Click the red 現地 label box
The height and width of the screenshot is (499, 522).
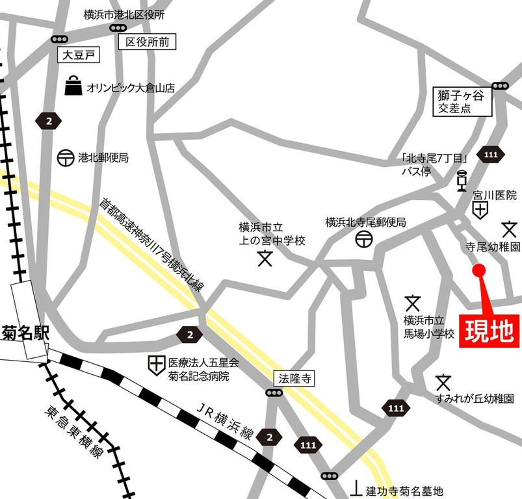(x=489, y=330)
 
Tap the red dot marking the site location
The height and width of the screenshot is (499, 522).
(x=479, y=270)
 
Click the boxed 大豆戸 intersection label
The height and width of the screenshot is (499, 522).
(x=77, y=56)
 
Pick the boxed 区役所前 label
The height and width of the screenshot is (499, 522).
(x=147, y=43)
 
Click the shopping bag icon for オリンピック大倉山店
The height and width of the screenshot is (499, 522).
(x=73, y=86)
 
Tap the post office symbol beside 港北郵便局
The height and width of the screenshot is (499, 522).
(x=65, y=158)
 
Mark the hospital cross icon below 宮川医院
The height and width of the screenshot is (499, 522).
(x=480, y=209)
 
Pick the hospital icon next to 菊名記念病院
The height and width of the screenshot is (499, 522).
(x=156, y=365)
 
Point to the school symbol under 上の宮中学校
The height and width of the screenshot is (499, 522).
(x=265, y=258)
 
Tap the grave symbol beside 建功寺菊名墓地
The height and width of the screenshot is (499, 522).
(x=357, y=487)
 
